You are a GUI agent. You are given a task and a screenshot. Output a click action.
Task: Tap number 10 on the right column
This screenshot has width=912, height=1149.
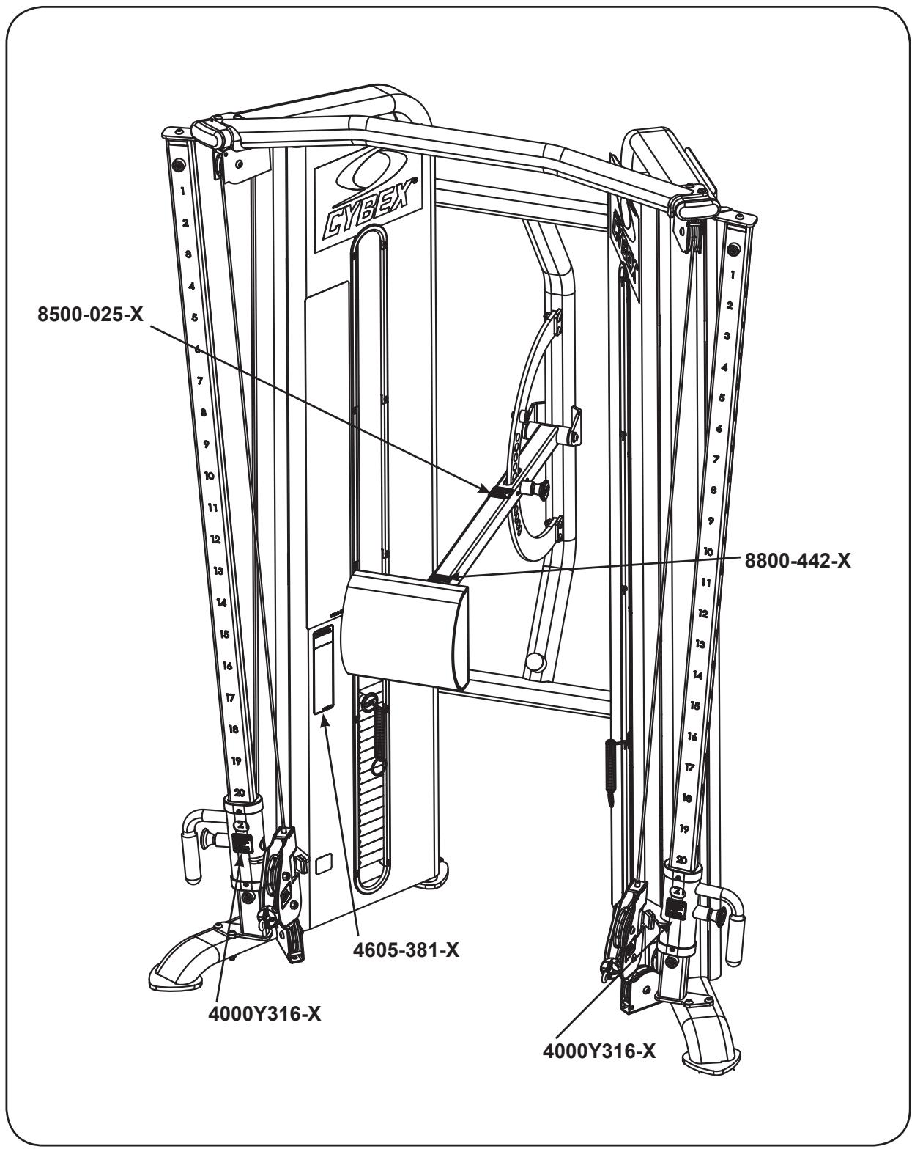coord(708,550)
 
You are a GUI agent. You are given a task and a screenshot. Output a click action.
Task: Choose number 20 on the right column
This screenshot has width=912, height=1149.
coord(681,859)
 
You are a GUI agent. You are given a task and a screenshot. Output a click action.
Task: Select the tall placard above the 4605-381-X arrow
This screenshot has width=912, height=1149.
coord(323,669)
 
